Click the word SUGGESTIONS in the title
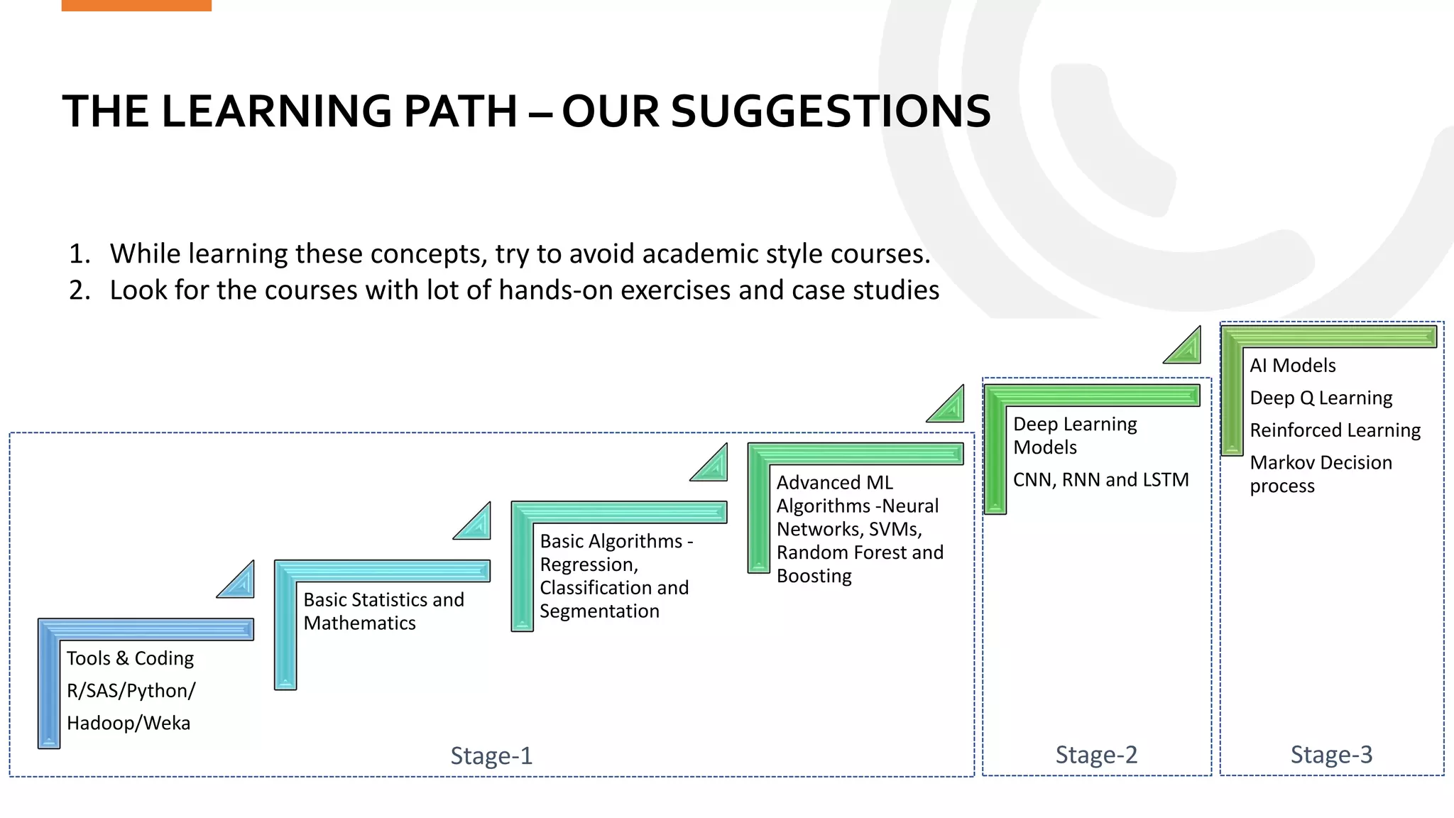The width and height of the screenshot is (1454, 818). tap(830, 111)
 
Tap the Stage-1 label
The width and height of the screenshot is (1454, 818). tap(491, 756)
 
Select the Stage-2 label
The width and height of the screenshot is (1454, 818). tap(1096, 754)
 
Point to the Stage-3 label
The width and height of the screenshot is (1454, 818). tap(1331, 754)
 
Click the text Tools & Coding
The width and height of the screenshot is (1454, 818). tap(130, 658)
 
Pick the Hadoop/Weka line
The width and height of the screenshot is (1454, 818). tap(129, 723)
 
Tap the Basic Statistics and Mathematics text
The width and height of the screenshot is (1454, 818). tap(383, 611)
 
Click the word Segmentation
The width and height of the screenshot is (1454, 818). tap(599, 611)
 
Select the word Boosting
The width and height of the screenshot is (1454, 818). tap(814, 575)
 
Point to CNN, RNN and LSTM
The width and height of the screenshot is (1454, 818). tap(1100, 480)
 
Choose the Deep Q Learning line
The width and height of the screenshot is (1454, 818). tap(1321, 398)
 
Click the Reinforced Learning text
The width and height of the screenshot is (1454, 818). tap(1335, 430)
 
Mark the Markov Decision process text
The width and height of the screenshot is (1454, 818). tap(1321, 474)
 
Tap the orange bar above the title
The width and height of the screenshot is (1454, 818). tap(136, 5)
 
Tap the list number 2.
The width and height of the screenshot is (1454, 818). tap(79, 290)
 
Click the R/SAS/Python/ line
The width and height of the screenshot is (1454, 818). tap(131, 690)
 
